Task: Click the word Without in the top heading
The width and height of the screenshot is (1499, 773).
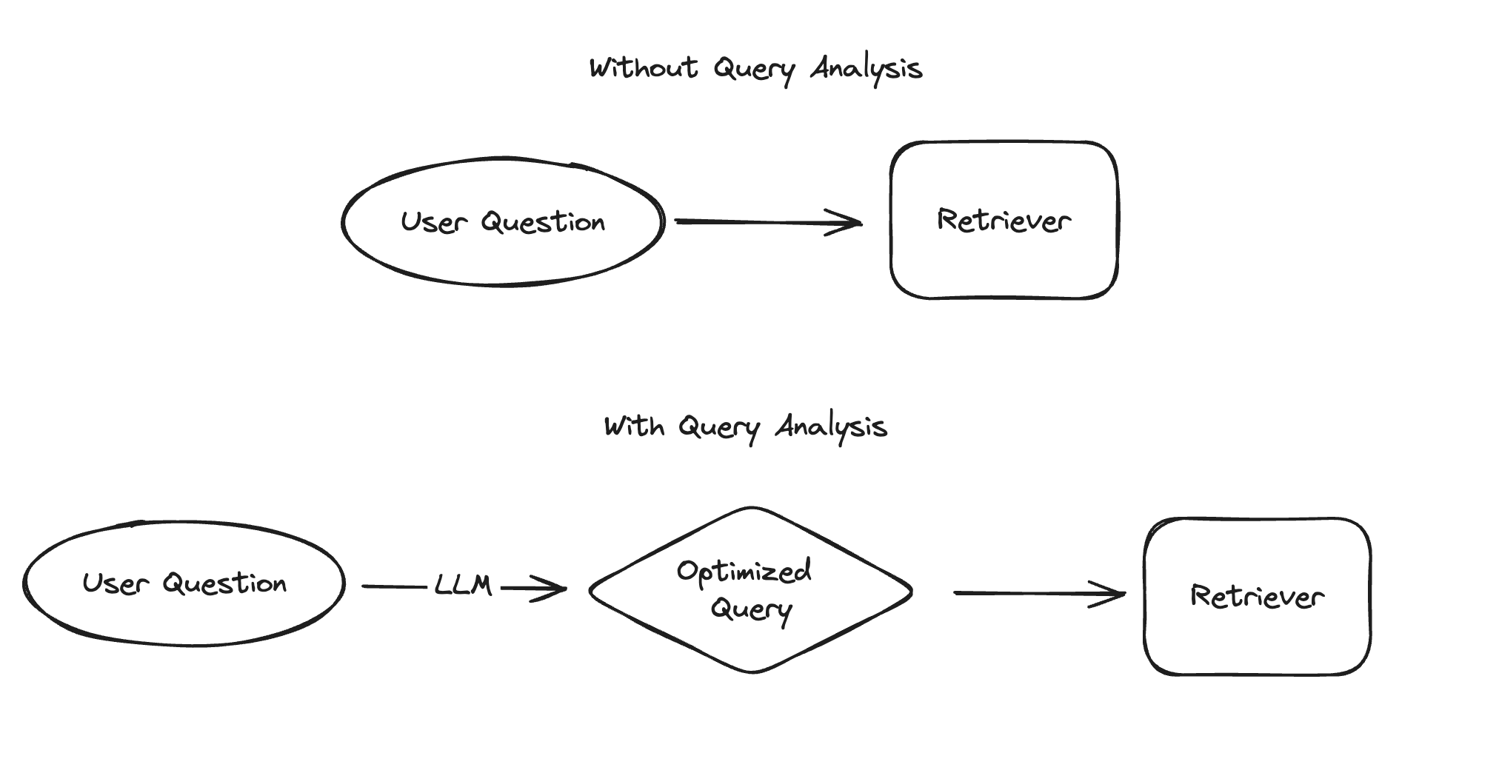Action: [x=644, y=68]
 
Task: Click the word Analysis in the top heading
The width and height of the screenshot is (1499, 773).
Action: [x=866, y=69]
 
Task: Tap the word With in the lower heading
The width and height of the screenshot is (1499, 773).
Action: [x=633, y=426]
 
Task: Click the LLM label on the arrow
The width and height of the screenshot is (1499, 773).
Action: [x=463, y=586]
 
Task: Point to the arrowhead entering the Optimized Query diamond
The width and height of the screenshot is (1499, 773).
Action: [x=554, y=589]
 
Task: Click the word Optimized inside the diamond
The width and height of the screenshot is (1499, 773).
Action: [x=744, y=571]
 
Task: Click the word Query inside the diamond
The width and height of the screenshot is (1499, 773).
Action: [x=751, y=609]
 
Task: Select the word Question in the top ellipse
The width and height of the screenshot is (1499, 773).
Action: [x=543, y=222]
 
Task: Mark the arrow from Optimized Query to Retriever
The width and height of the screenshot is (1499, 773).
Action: [x=1037, y=593]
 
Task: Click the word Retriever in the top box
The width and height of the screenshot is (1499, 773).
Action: [x=1004, y=220]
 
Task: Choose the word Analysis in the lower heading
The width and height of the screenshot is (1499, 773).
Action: [x=831, y=427]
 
